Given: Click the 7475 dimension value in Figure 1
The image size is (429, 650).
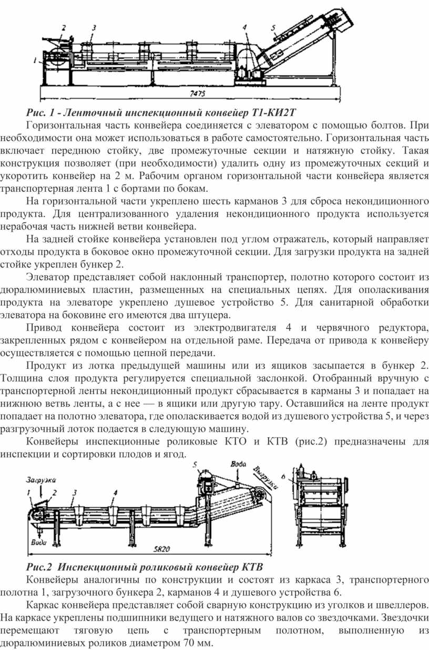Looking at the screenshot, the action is pyautogui.click(x=197, y=94).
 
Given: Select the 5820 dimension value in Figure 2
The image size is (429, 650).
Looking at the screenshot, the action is pyautogui.click(x=162, y=549).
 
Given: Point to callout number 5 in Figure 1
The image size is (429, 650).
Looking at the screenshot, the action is pyautogui.click(x=273, y=28).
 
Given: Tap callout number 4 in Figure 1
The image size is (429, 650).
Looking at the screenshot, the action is pyautogui.click(x=244, y=27).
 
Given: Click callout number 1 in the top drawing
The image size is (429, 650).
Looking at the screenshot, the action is pyautogui.click(x=35, y=60).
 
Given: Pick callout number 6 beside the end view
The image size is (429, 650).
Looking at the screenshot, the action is pyautogui.click(x=283, y=477).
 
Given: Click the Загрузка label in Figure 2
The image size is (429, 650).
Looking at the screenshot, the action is pyautogui.click(x=40, y=480).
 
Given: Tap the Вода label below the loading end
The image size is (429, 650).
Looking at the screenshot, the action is pyautogui.click(x=39, y=542).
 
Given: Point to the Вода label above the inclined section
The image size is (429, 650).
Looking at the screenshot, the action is pyautogui.click(x=238, y=464).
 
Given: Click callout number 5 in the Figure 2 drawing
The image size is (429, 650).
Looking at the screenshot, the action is pyautogui.click(x=195, y=465).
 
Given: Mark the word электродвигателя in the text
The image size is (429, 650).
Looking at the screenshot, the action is pyautogui.click(x=235, y=327).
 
